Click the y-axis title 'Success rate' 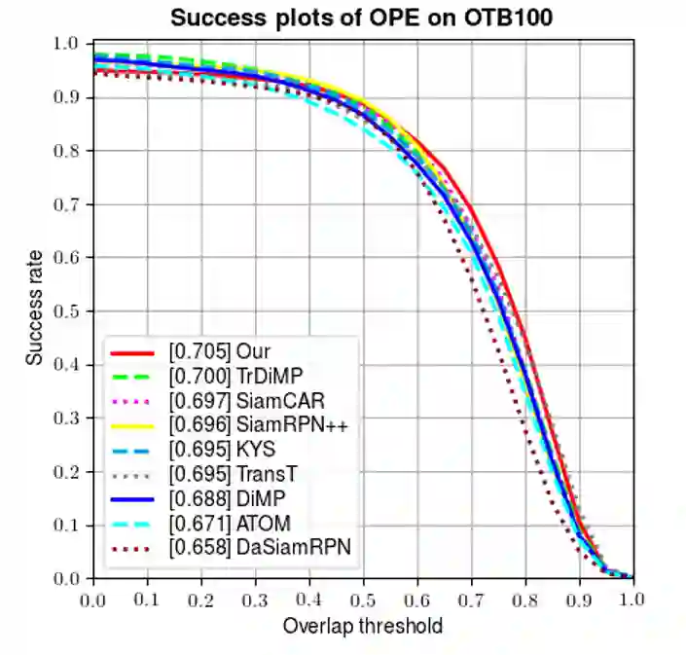(x=35, y=311)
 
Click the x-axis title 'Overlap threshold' (x=363, y=625)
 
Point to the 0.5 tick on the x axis (x=364, y=597)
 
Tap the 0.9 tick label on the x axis (x=579, y=597)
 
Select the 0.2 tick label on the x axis (x=201, y=597)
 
